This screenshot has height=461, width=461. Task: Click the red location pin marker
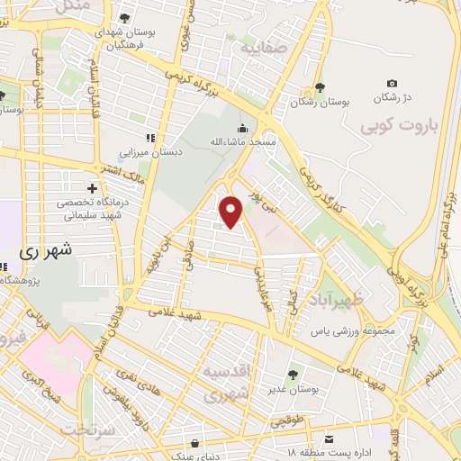tap(231, 211)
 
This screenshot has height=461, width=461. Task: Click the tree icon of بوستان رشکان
tap(319, 88)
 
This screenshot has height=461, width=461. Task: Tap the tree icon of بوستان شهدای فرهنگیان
tap(124, 17)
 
